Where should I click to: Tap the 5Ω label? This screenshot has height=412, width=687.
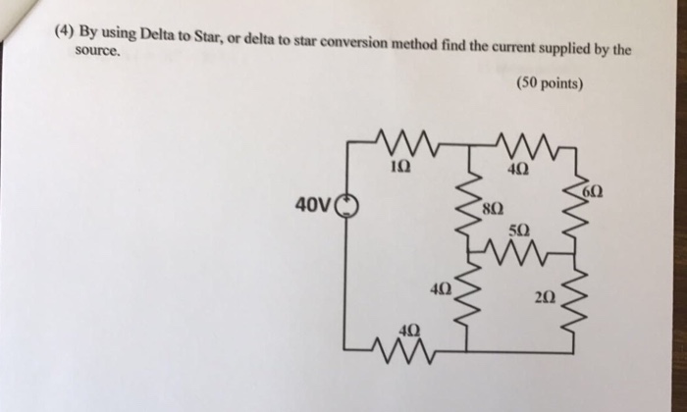520,231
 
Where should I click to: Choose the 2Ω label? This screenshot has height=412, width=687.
546,296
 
